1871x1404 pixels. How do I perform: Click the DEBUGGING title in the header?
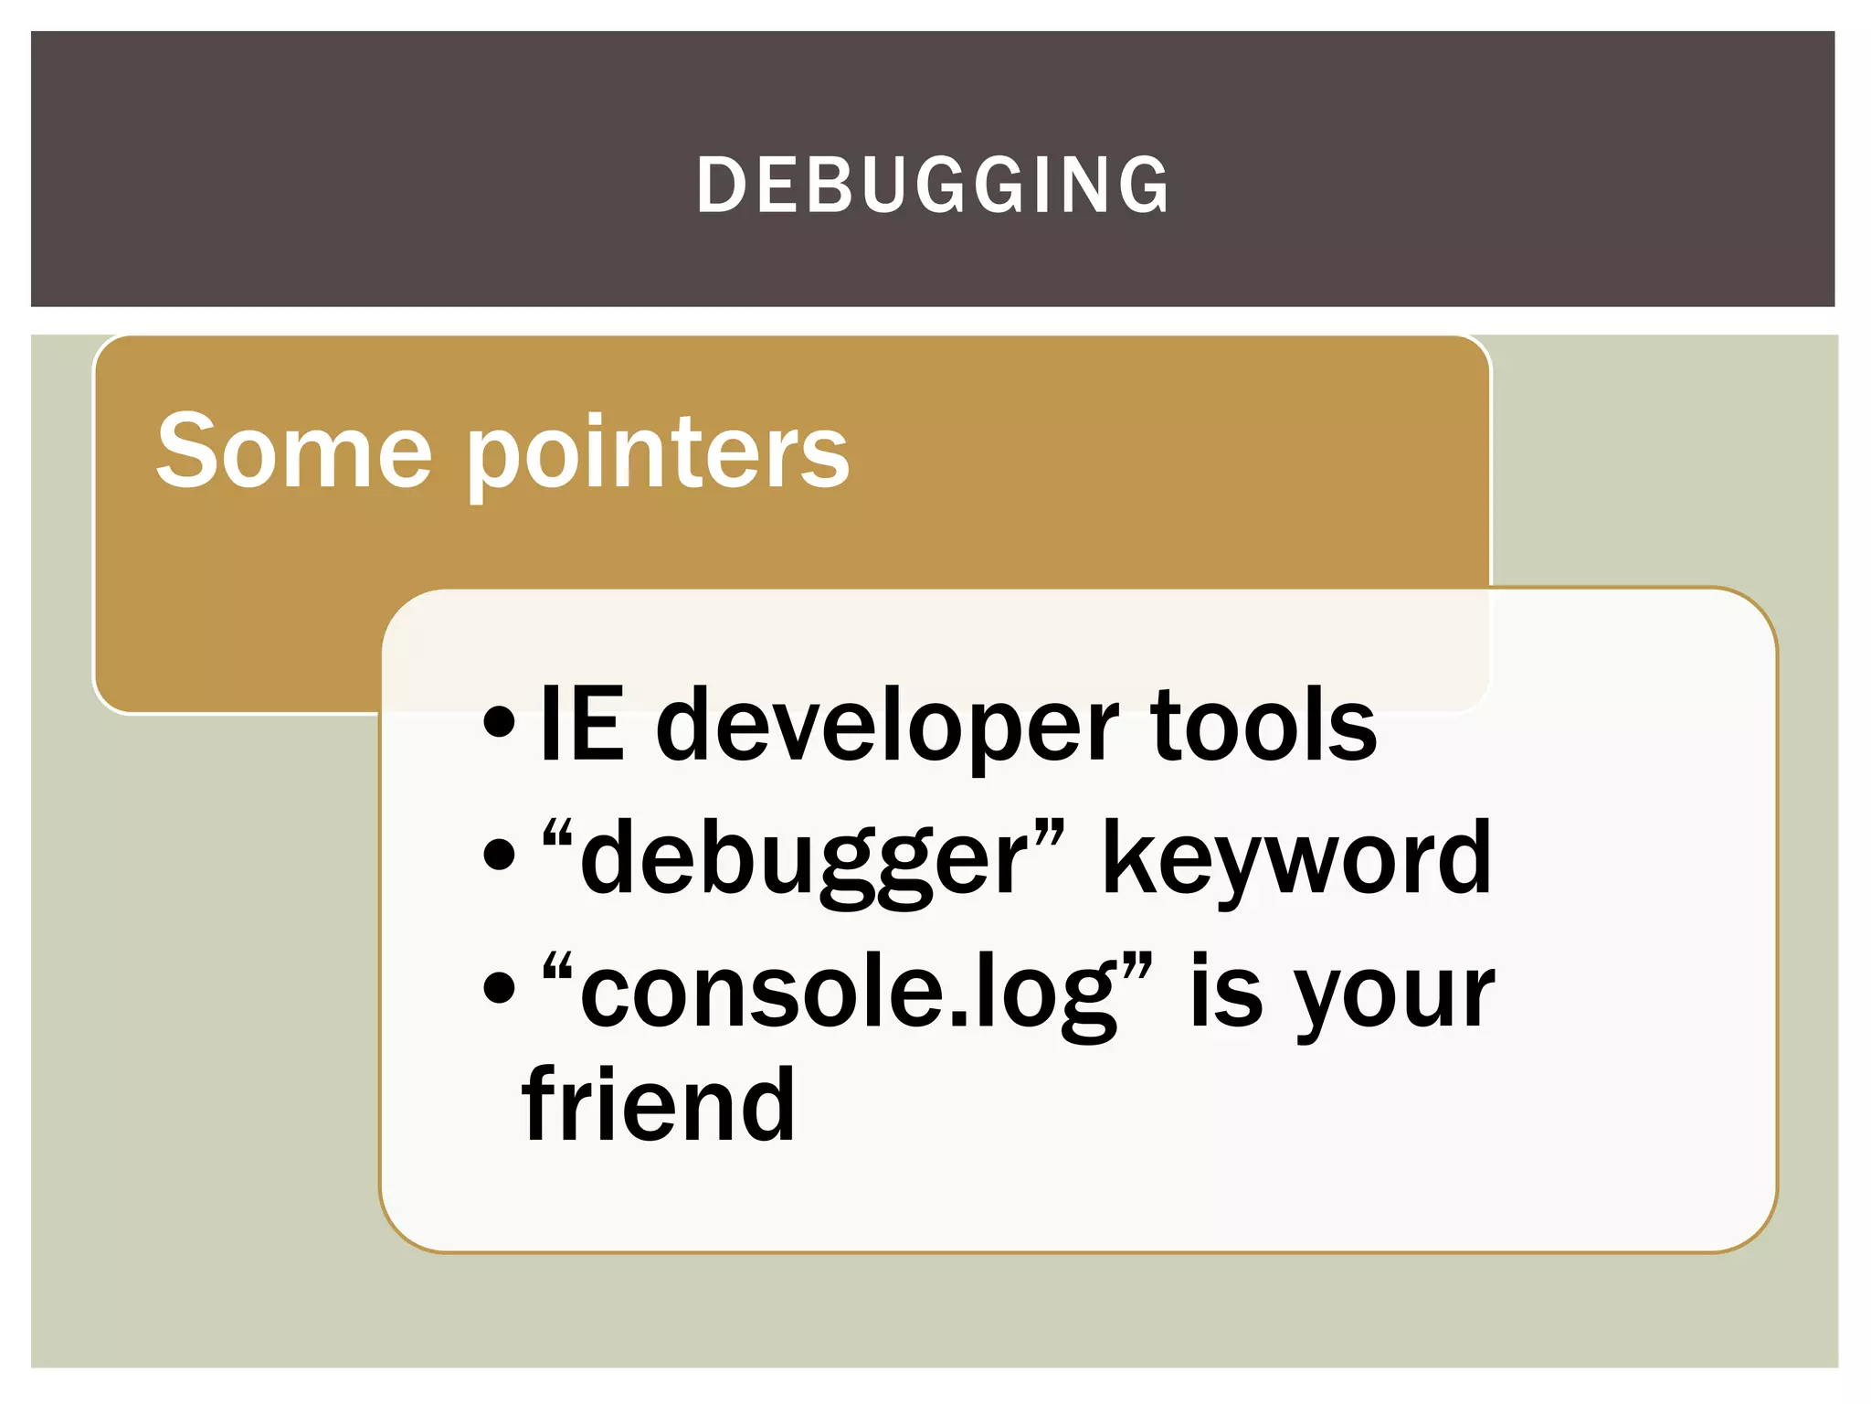pyautogui.click(x=933, y=185)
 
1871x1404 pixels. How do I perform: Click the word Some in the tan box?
pyautogui.click(x=293, y=450)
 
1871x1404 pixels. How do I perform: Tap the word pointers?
pyautogui.click(x=659, y=454)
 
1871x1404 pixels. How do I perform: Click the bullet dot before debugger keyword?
pyautogui.click(x=500, y=858)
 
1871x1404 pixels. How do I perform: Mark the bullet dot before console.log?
pyautogui.click(x=500, y=991)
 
